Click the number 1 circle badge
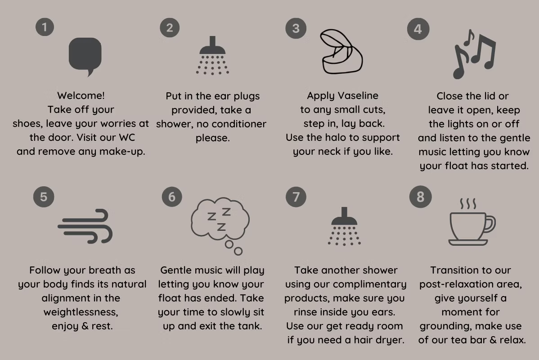pos(45,27)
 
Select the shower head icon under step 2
pos(212,55)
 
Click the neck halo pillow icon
pos(341,52)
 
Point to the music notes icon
pos(474,54)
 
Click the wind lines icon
pos(85,226)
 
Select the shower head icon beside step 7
pos(344,226)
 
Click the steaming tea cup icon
pos(472,221)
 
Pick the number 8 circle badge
pos(420,197)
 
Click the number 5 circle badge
pos(44,197)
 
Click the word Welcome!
pos(81,95)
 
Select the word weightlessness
pos(81,312)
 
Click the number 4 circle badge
pos(418,29)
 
